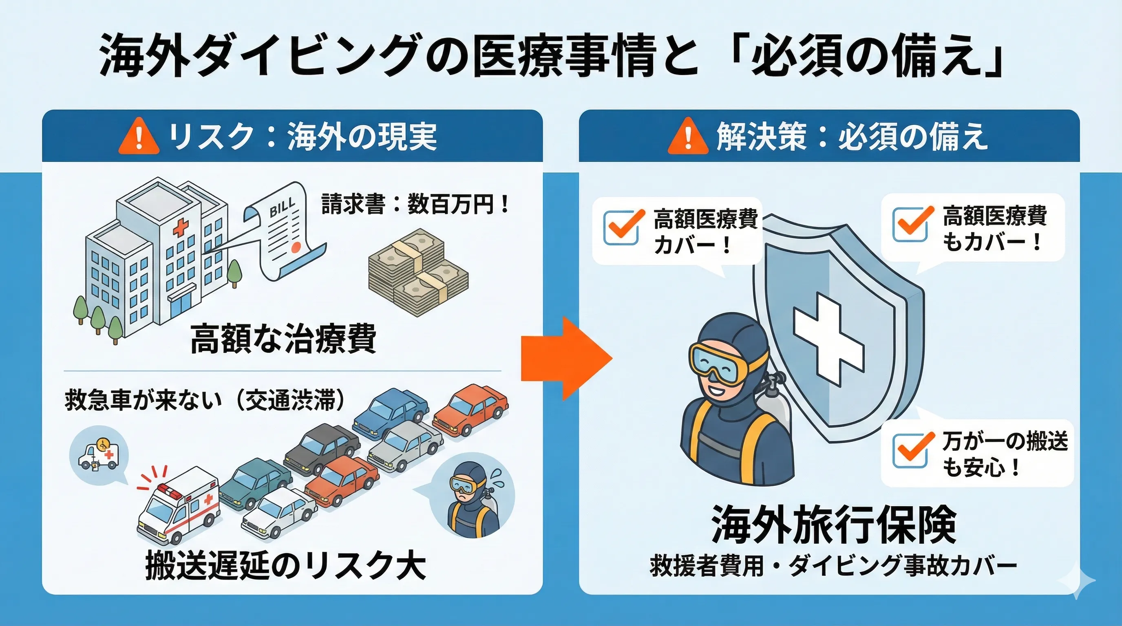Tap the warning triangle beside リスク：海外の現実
139,137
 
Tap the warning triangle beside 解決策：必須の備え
688,137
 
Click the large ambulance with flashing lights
179,505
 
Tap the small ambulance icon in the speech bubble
98,455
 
